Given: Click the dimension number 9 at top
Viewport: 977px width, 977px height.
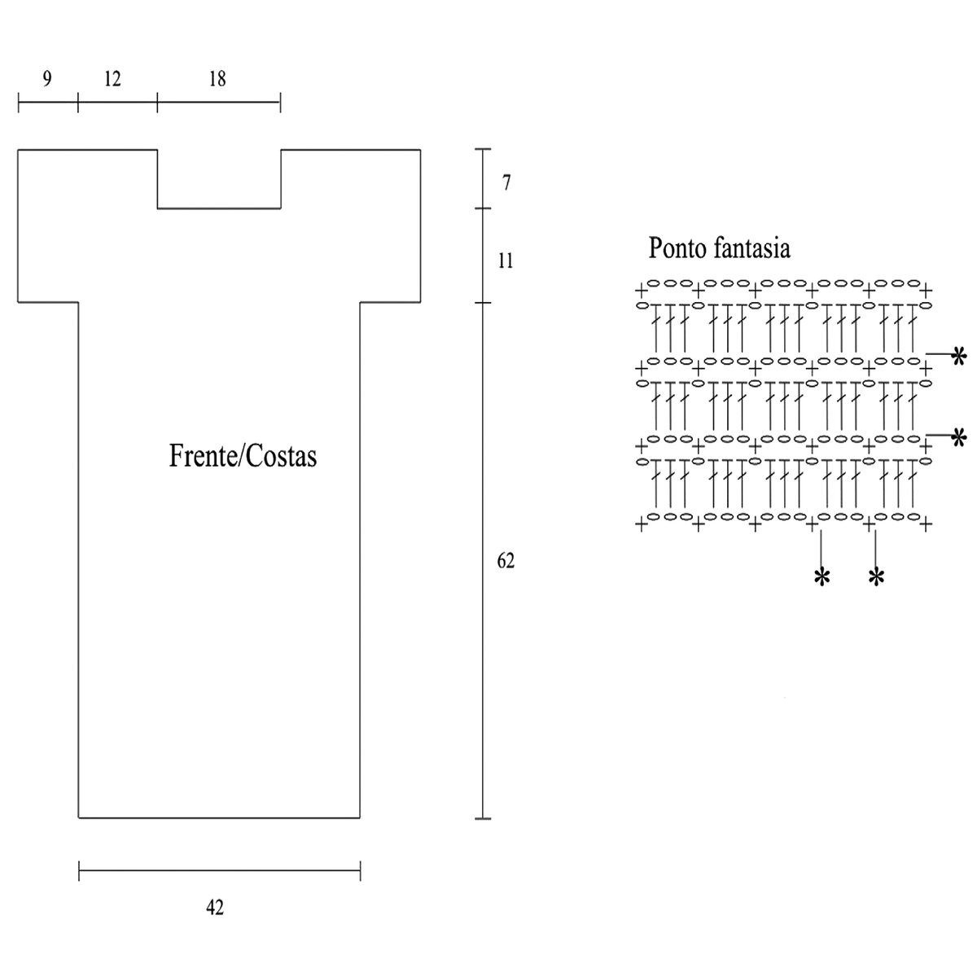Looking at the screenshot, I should tap(46, 79).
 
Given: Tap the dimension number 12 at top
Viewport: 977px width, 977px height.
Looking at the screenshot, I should tap(112, 79).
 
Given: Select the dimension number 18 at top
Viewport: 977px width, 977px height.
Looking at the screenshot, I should tap(217, 79).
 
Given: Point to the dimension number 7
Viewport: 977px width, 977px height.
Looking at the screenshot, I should tap(506, 183).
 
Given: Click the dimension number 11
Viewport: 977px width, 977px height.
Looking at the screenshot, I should tap(506, 262).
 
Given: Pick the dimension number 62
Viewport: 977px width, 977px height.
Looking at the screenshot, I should tap(506, 562).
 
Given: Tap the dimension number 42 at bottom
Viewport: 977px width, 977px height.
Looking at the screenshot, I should tap(215, 907).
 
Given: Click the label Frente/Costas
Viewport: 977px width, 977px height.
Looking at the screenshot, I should tap(243, 456).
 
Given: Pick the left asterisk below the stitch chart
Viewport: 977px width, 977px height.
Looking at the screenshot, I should tap(821, 577).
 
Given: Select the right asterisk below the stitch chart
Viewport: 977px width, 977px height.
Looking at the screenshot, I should tap(876, 577).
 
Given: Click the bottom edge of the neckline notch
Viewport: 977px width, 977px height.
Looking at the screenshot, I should tap(219, 208).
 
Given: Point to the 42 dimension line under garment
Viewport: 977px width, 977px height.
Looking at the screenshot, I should tap(219, 870).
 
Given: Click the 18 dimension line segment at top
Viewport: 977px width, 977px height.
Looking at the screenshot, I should tap(219, 103).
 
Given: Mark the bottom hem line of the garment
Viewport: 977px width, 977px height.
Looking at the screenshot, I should tap(219, 817).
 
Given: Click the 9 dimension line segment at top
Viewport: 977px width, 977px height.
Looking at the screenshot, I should tap(48, 103).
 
